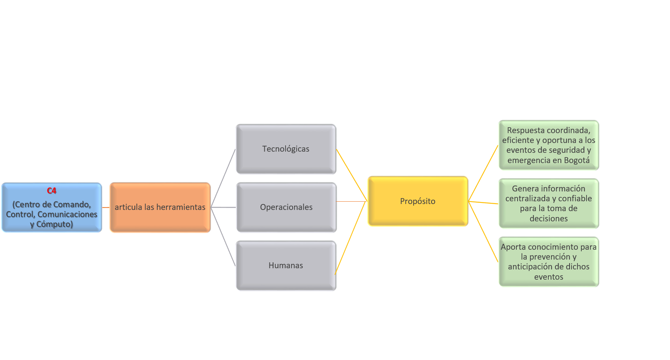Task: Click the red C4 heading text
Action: coord(52,191)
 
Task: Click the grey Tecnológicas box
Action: coord(286,149)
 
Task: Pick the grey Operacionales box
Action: coord(286,208)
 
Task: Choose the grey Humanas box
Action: coord(286,266)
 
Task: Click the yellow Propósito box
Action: coord(418,201)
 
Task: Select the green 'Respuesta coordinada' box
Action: coord(548,145)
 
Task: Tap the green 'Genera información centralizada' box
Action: coord(548,204)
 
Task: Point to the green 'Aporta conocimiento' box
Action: coord(548,262)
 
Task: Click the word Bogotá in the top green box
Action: coord(577,160)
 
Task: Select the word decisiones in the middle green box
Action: coord(548,219)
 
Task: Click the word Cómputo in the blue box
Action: coord(54,225)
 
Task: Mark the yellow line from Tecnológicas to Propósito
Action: coord(351,175)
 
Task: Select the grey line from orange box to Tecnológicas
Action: coord(223,178)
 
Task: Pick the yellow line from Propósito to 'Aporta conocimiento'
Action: coord(483,232)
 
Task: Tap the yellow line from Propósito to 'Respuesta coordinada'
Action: coord(483,173)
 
